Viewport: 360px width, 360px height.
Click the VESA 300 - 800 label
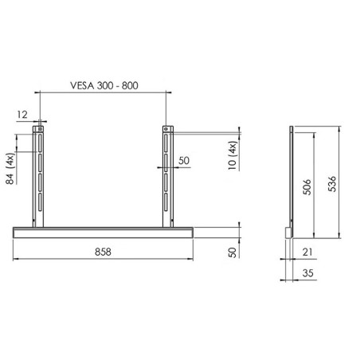coord(104,85)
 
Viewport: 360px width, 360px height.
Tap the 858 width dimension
coord(103,252)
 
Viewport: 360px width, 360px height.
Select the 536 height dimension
coord(332,184)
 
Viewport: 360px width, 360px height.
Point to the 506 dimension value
coord(307,187)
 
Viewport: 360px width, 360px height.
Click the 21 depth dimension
coord(307,252)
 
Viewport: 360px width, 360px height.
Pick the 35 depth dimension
coord(307,273)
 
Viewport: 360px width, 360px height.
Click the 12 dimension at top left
coord(22,115)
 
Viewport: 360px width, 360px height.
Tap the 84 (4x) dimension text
coord(10,169)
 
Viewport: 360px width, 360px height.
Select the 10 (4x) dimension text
coord(232,155)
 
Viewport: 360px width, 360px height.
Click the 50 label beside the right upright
coord(184,161)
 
